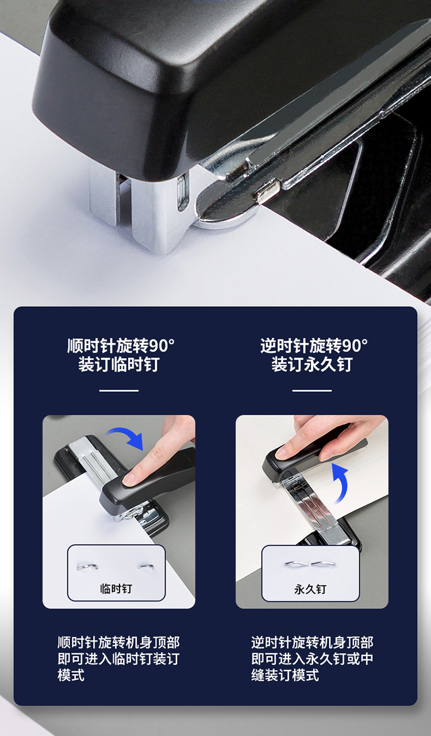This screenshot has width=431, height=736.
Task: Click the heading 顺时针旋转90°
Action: (x=121, y=345)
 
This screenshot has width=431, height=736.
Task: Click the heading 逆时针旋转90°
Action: (x=314, y=345)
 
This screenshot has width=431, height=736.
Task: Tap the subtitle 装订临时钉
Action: (x=119, y=364)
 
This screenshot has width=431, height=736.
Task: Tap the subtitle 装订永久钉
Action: (x=312, y=364)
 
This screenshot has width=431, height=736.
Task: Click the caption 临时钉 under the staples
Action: (x=116, y=588)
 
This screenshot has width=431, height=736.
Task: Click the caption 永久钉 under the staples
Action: (x=310, y=589)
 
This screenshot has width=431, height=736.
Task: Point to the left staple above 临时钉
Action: (x=87, y=566)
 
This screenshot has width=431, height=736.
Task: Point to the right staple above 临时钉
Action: (x=145, y=566)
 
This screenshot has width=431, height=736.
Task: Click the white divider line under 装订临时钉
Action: (x=119, y=391)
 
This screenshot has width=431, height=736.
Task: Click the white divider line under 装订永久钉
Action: (x=312, y=391)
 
